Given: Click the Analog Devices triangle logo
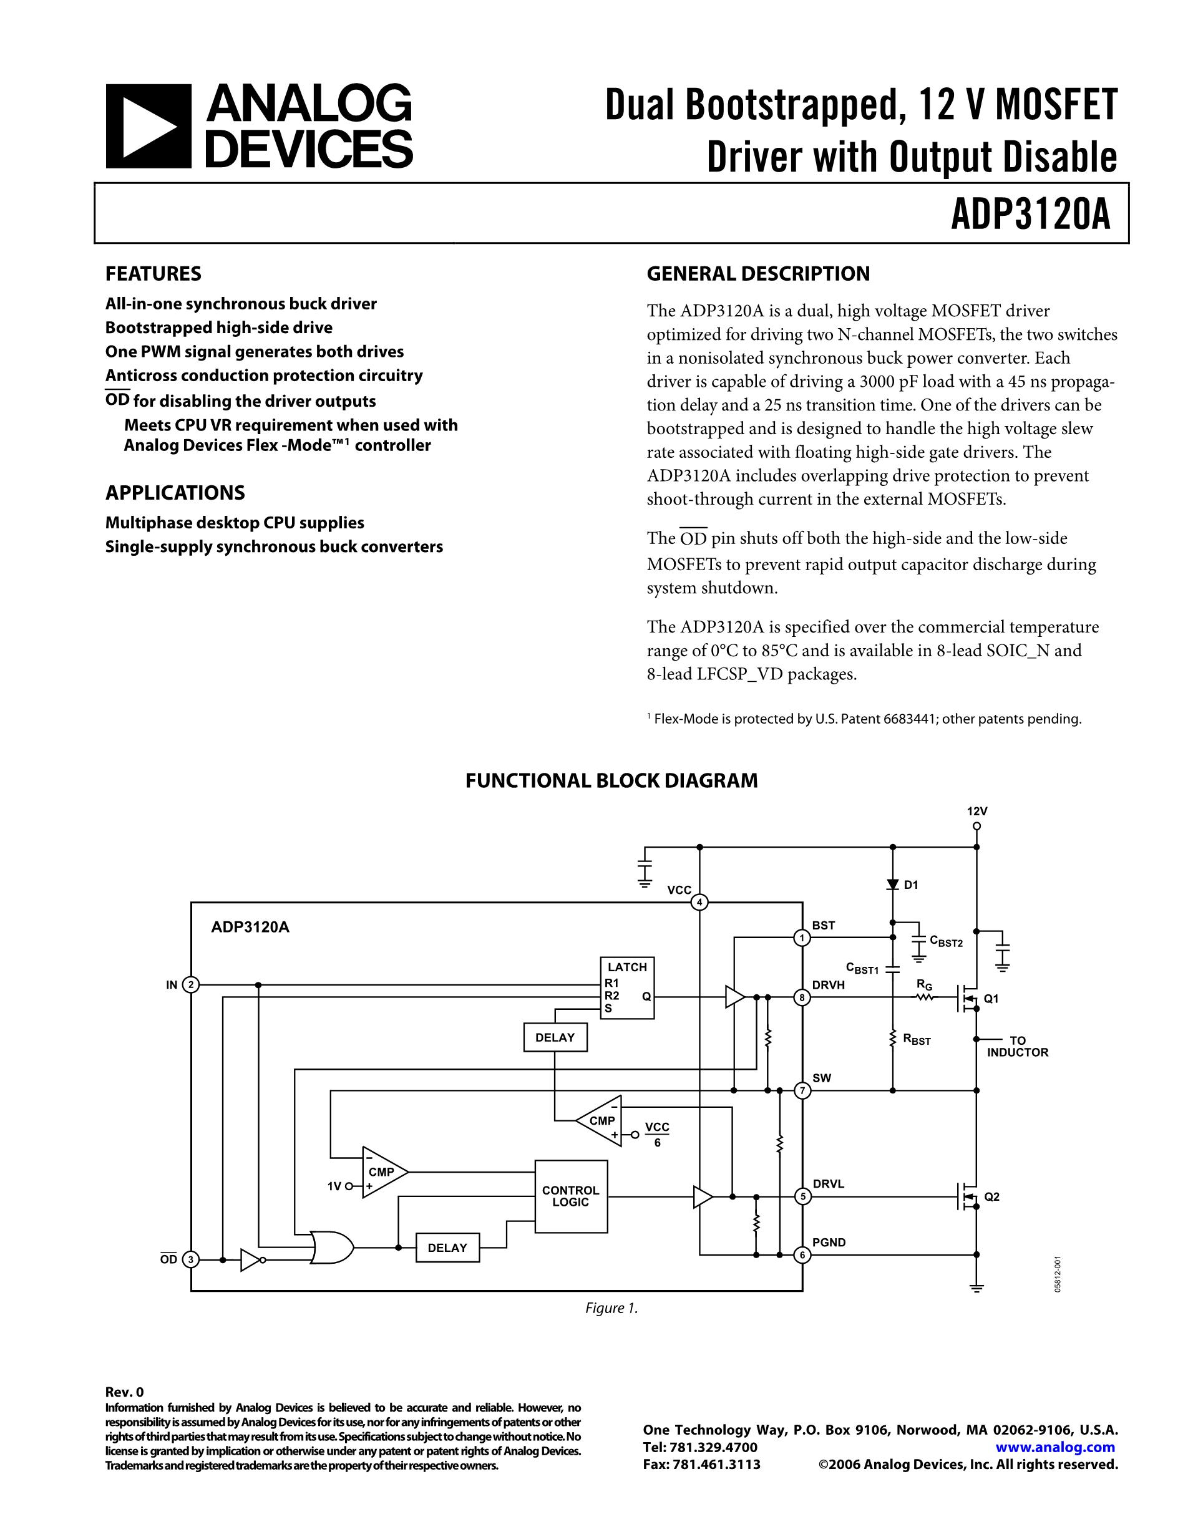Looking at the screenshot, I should coord(148,127).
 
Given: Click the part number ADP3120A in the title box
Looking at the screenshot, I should coord(1030,215).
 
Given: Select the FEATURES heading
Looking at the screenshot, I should coord(153,274).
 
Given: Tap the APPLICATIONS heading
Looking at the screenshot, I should coord(175,493).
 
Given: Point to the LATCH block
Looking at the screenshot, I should coord(626,987).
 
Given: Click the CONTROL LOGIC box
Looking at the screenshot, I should coord(571,1196).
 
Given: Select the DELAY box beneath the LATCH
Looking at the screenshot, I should coord(555,1037).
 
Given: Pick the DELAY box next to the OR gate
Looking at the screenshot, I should coord(447,1248).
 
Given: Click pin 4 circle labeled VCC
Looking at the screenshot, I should coord(699,902).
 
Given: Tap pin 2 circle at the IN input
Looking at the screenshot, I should coord(191,984).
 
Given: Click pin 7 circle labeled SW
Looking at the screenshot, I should coord(802,1091).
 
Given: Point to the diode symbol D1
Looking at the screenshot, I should coord(892,885).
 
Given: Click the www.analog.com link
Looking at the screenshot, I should coord(1055,1447).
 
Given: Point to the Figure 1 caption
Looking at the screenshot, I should coord(611,1308).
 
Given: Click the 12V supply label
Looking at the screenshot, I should coord(976,811).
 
